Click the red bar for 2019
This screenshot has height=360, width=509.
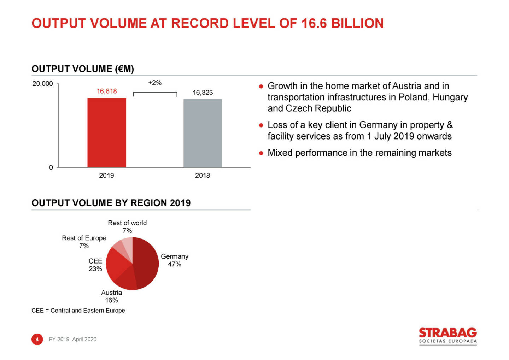pos(107,132)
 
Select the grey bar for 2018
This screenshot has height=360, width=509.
pos(203,133)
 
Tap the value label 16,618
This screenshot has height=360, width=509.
pos(107,91)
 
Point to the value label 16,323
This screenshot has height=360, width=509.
pos(203,93)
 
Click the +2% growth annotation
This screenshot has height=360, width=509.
pos(155,83)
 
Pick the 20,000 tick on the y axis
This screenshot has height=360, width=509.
pos(42,84)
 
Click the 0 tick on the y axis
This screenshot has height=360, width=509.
pos(51,167)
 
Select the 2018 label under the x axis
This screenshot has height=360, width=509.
pos(203,175)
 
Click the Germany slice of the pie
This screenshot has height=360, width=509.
pos(147,263)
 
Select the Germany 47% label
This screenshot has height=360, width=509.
pos(175,260)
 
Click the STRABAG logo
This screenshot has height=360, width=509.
pos(447,335)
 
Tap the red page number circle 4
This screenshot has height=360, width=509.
pos(37,339)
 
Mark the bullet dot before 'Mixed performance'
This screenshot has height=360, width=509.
pos(261,153)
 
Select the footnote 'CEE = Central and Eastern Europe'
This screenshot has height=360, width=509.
pos(78,311)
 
